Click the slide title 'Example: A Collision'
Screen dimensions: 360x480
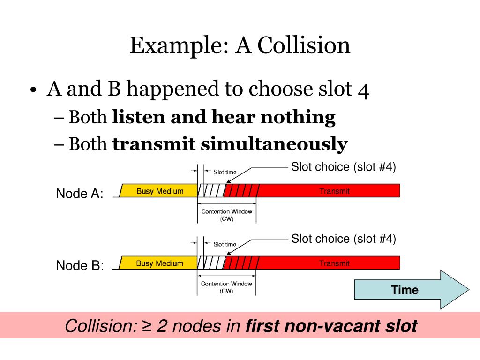click(240, 46)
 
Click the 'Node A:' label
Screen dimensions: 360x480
click(79, 194)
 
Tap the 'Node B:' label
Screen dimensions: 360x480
click(79, 266)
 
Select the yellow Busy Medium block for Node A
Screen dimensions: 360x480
click(159, 191)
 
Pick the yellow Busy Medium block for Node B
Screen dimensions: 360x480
click(159, 263)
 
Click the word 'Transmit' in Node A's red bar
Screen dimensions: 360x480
click(334, 191)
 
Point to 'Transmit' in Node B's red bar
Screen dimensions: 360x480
click(334, 263)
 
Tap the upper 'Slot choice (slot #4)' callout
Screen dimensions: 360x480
click(344, 167)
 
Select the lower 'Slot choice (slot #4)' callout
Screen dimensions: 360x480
click(344, 239)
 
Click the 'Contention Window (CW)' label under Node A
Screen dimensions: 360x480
click(226, 215)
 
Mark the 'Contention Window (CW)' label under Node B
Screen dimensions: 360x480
click(226, 287)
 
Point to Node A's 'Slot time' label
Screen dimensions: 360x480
click(225, 172)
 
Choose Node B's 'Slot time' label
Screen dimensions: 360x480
click(225, 244)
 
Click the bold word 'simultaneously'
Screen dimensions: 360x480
click(274, 144)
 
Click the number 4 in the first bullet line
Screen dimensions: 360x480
click(363, 89)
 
